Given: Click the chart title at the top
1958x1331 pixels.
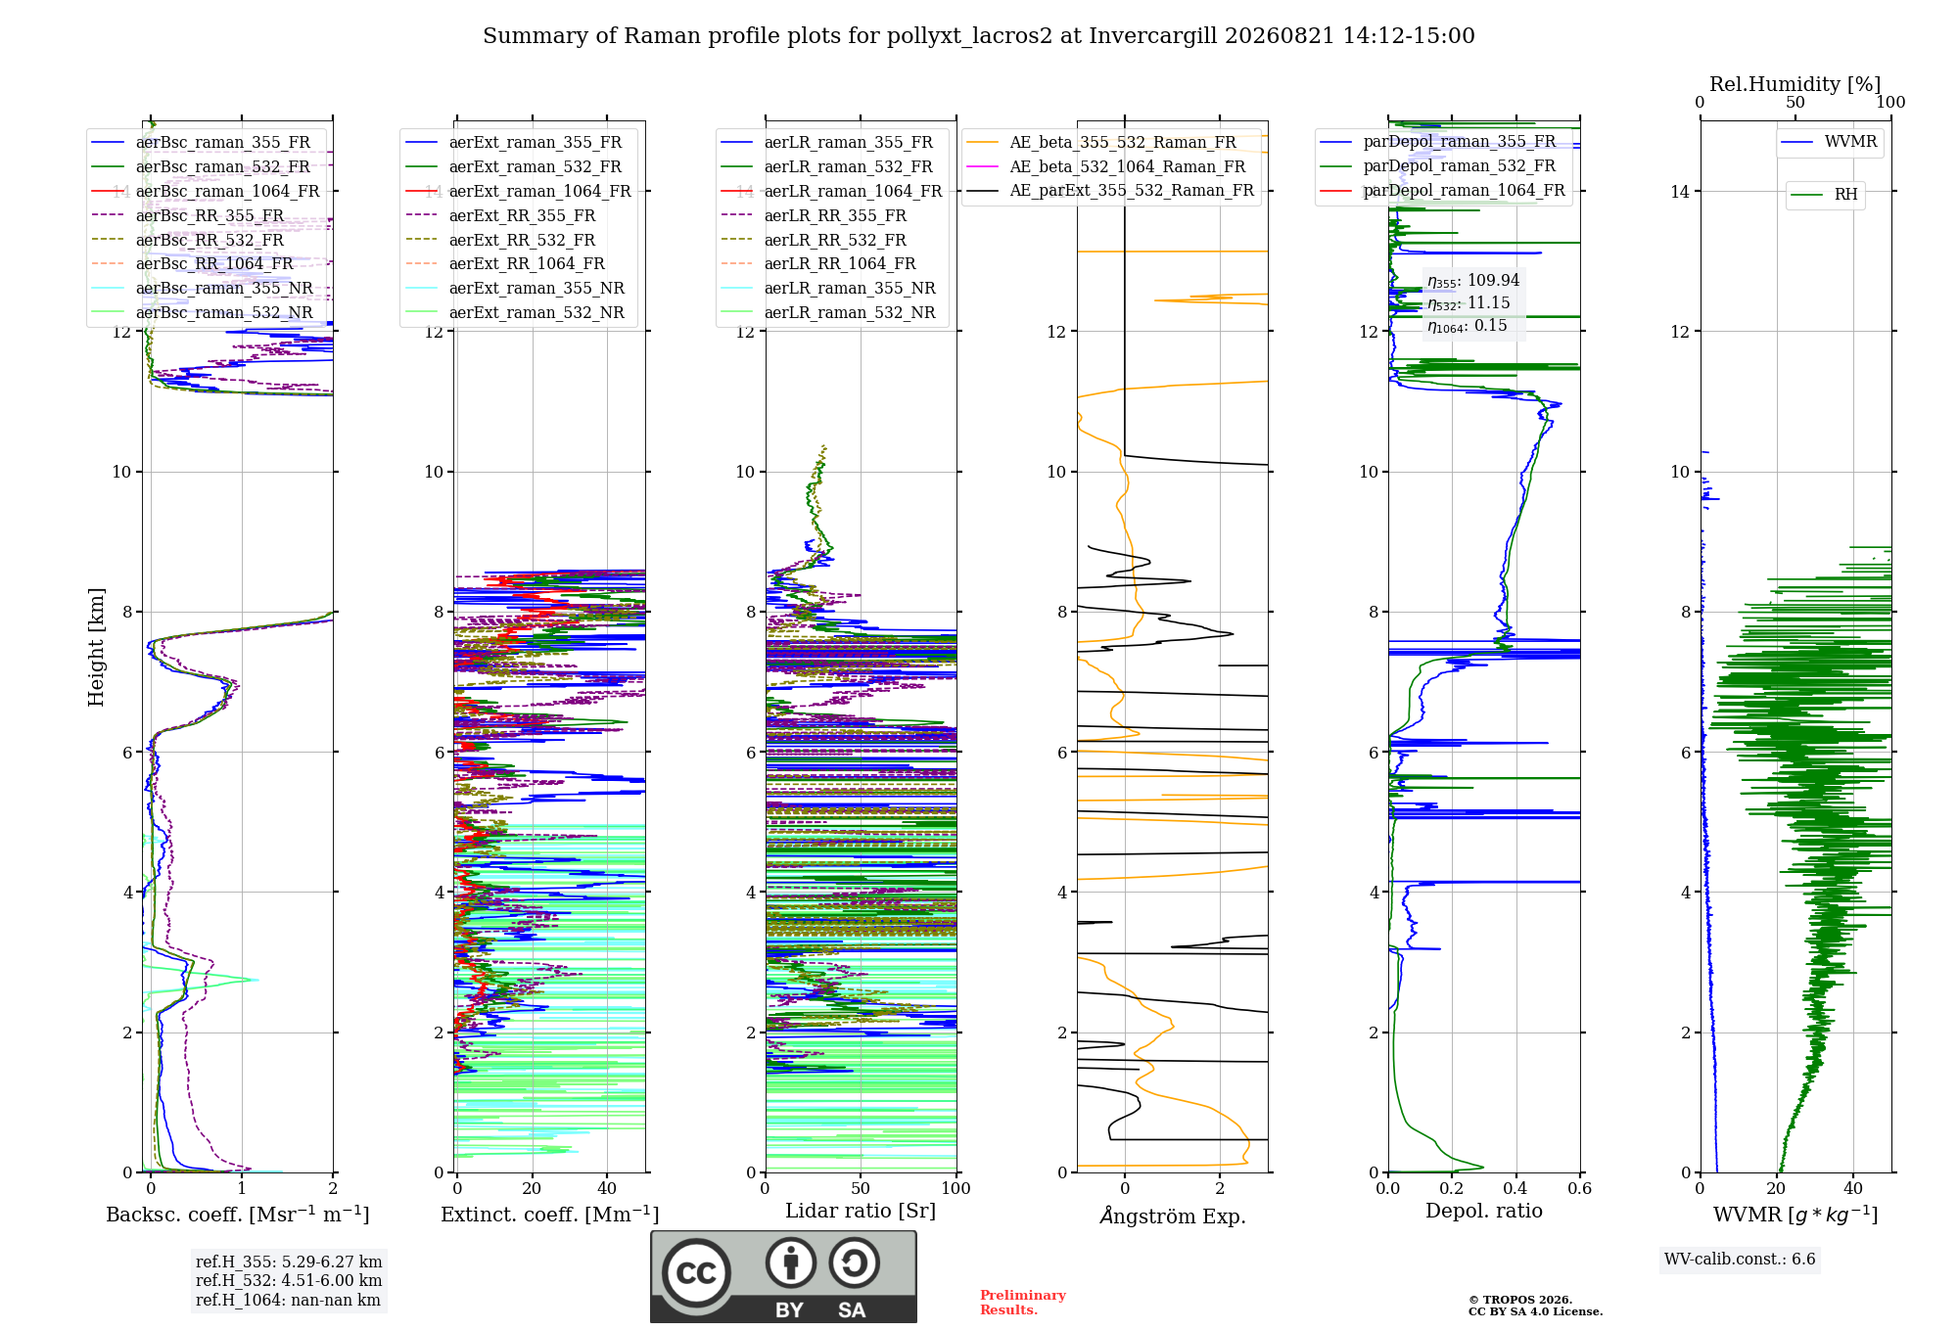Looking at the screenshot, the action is (x=979, y=36).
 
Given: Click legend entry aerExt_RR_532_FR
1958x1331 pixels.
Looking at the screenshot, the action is (x=522, y=240).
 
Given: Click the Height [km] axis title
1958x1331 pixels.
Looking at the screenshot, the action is (x=96, y=647).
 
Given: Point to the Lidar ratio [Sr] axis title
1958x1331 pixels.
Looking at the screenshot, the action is (x=861, y=1211).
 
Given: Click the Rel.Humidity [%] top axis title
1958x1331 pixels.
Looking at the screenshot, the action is (x=1795, y=84).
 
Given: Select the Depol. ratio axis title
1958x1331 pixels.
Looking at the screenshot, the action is (x=1484, y=1211).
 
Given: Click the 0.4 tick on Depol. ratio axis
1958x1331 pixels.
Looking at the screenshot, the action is (x=1515, y=1188).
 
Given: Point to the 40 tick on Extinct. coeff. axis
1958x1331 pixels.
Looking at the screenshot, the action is (x=607, y=1188).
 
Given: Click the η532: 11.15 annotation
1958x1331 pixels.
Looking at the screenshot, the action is (x=1468, y=303).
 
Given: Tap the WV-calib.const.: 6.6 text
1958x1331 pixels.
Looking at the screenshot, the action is (x=1740, y=1260).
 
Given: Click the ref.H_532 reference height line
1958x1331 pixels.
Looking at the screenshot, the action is (x=289, y=1280).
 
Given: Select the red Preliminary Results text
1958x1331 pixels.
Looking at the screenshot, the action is (x=1023, y=1303).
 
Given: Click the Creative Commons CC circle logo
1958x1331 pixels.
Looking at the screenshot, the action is (x=696, y=1273).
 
